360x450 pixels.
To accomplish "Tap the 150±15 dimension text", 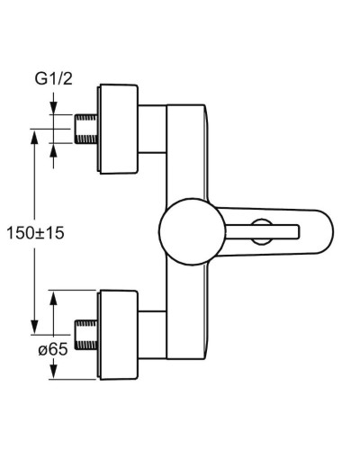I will [x=42, y=232].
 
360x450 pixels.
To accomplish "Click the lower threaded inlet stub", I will [x=87, y=332].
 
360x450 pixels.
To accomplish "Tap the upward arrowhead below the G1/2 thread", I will [x=54, y=151].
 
